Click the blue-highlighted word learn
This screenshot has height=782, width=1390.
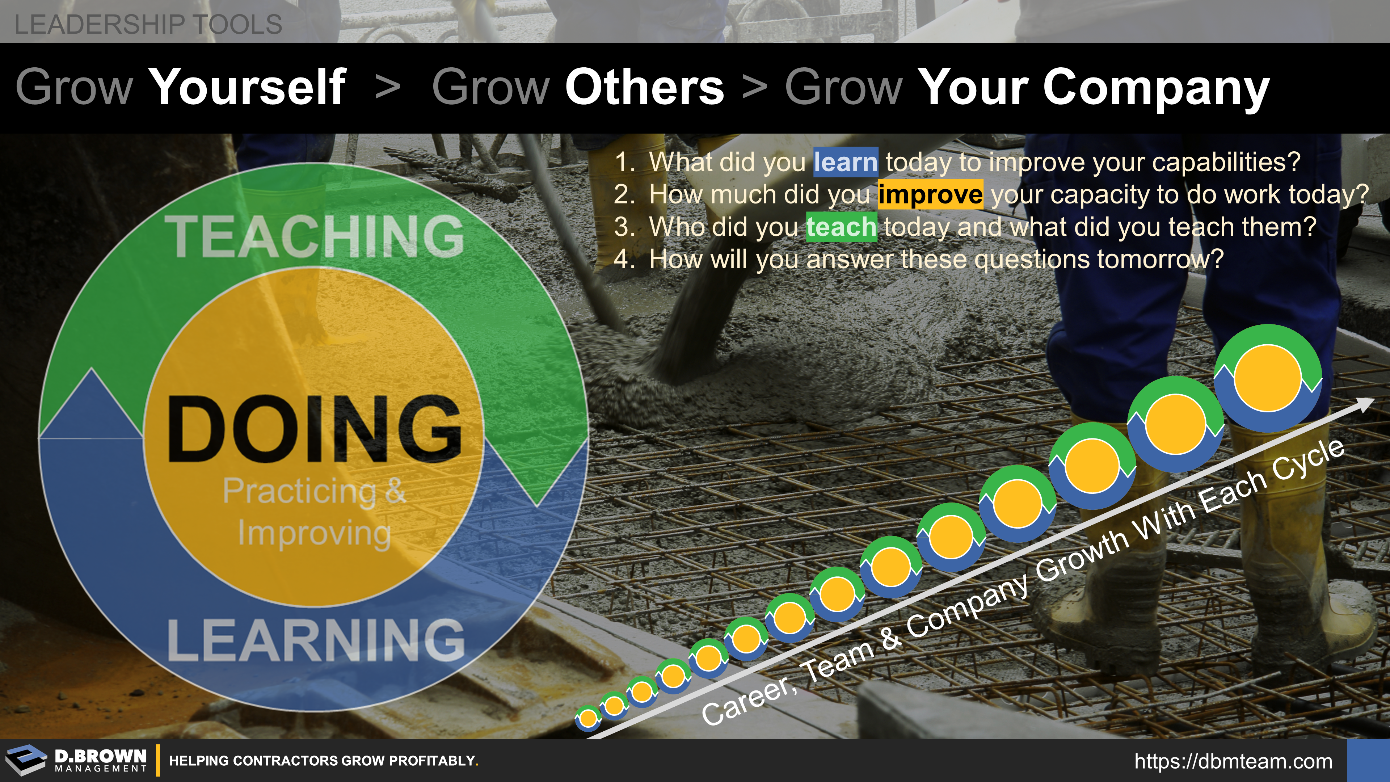pos(846,162)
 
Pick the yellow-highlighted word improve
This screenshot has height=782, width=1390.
pos(930,194)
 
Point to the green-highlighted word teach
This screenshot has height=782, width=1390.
pos(842,227)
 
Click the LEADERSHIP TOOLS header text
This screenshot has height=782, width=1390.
pos(148,24)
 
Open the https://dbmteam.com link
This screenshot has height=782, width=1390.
pos(1234,761)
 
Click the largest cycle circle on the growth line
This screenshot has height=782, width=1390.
pos(1268,378)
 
